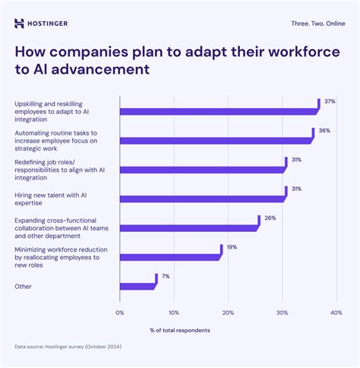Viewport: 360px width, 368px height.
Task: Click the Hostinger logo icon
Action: coord(19,23)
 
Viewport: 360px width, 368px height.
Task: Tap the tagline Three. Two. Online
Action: coord(318,23)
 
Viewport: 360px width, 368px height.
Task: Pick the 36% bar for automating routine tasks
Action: coord(216,140)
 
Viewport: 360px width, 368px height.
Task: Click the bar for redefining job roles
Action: coord(202,169)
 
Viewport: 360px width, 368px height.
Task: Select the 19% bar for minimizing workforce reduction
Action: coord(169,256)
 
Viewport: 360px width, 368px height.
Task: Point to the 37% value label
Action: coord(330,102)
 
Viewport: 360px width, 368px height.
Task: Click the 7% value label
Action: coord(166,276)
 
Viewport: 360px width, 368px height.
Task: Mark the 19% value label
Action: coord(232,247)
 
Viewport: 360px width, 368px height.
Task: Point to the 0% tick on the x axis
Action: coord(119,312)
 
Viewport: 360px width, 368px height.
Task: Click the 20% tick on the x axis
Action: coord(229,312)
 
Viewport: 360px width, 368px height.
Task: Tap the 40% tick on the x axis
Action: coord(336,312)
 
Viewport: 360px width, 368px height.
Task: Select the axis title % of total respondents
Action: coord(180,330)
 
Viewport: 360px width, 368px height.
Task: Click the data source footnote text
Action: coord(67,347)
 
